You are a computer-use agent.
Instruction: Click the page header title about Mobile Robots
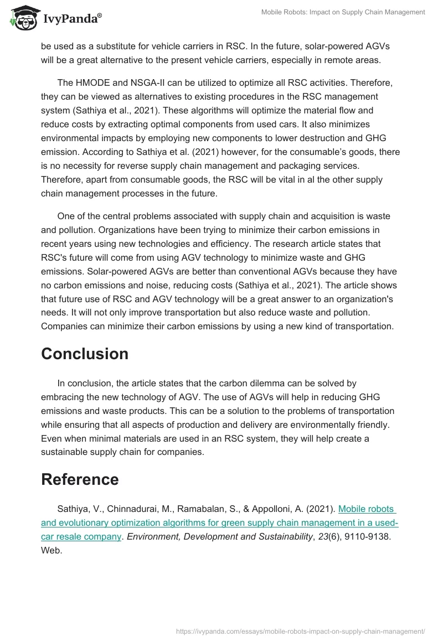(x=343, y=12)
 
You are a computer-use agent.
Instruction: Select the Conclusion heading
(x=85, y=354)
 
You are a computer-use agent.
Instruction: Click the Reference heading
(x=80, y=479)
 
